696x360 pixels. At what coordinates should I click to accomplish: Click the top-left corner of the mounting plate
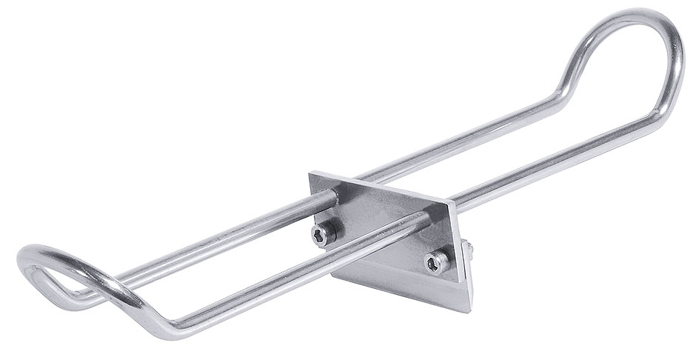click(309, 175)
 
